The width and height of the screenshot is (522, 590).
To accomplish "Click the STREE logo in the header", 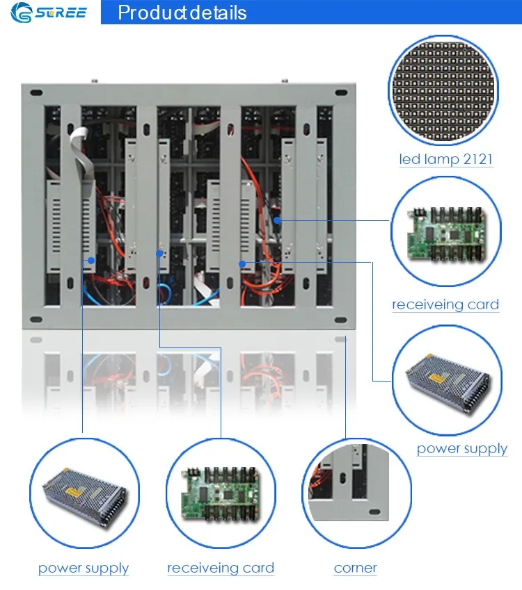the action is point(49,13).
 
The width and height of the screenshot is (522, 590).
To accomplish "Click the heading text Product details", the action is point(182,13).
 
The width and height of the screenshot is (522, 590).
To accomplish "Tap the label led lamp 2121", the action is point(446,159).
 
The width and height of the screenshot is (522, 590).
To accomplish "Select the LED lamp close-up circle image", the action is point(443,90).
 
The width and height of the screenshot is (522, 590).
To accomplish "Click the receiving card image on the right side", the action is point(446,233).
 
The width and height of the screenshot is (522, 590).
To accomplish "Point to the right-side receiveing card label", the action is point(445,304).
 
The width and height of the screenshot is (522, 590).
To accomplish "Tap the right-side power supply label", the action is point(462,449).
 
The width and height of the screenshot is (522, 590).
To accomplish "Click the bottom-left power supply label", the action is point(84,568).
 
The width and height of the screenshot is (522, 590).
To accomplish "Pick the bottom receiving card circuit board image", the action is point(221,494).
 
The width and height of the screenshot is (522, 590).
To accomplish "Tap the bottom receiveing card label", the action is point(221,568).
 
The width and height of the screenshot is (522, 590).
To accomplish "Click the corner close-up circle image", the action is point(356,493).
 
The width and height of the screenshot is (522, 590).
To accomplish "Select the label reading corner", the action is point(356,568).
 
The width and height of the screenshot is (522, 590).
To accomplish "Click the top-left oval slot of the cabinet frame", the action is point(36,92).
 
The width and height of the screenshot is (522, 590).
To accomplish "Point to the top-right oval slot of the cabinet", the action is point(341,92).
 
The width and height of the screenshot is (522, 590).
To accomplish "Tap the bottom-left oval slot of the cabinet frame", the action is point(36,320).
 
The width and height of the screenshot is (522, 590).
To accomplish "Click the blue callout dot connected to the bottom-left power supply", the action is point(91,261).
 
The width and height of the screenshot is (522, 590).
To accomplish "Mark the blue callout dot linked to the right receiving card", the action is point(277,220).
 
